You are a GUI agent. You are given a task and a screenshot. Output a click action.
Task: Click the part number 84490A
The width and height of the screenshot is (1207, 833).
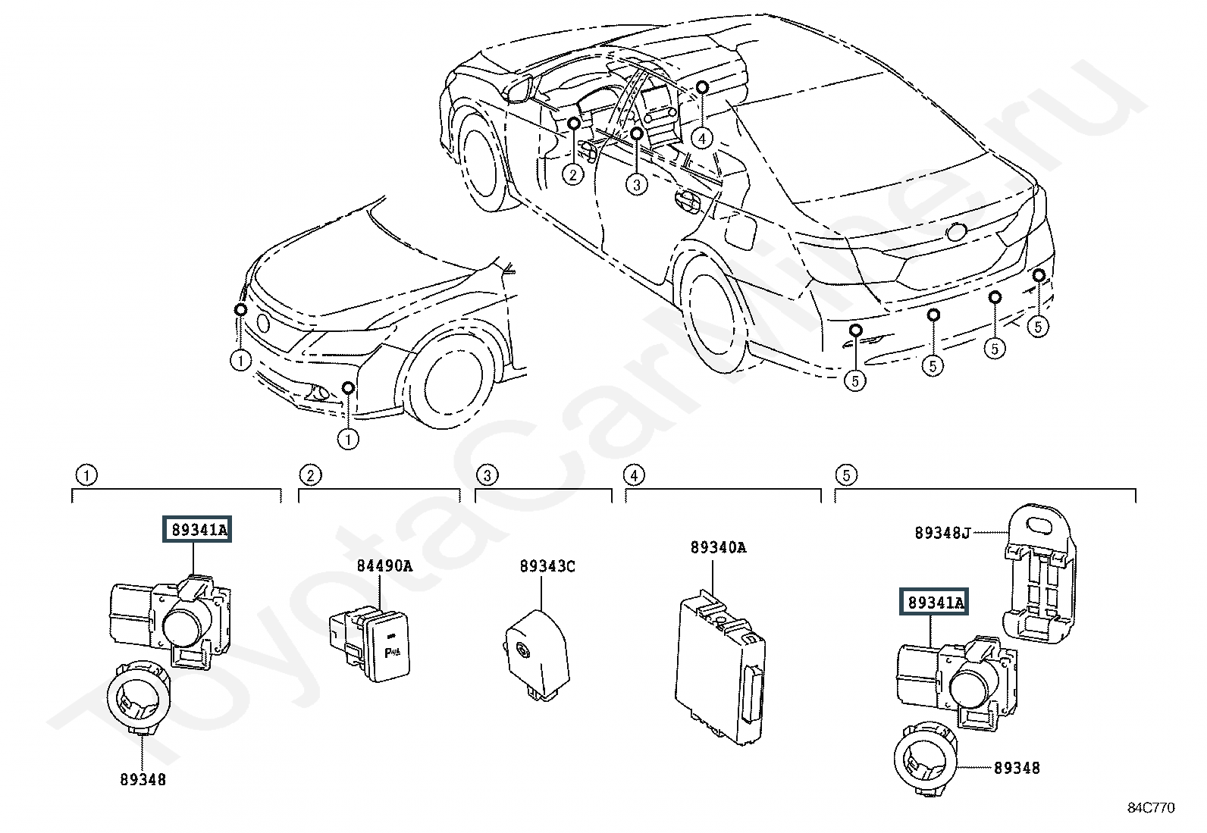click(384, 565)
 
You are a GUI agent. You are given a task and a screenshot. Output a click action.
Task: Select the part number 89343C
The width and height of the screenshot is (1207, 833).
click(547, 566)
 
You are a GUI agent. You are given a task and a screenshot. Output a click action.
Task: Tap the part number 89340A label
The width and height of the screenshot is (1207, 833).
click(718, 547)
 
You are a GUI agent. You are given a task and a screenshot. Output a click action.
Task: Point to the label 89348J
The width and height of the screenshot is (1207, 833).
click(942, 533)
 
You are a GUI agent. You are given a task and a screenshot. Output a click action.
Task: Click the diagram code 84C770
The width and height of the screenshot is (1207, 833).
click(1151, 808)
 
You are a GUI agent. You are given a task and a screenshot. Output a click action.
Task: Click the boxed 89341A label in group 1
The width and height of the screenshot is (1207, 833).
click(197, 529)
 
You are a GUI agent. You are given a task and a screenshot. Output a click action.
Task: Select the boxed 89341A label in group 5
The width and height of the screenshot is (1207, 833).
click(934, 601)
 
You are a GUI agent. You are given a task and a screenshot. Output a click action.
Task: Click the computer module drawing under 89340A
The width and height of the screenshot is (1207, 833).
click(720, 667)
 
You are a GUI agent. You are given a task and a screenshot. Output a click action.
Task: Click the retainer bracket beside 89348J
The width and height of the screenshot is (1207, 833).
click(1039, 574)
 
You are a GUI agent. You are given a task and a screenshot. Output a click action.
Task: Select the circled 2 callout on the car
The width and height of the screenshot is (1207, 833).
click(572, 174)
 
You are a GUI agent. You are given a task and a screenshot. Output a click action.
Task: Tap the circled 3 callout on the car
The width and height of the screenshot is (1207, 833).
click(636, 185)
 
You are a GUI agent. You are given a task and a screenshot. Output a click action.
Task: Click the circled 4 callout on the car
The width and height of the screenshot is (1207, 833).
click(701, 139)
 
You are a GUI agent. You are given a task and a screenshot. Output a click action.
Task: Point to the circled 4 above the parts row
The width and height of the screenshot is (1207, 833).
click(634, 475)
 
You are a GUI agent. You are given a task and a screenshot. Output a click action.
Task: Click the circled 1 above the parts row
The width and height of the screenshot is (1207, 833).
click(86, 475)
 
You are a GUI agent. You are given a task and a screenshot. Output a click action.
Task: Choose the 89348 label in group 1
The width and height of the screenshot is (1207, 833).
click(143, 779)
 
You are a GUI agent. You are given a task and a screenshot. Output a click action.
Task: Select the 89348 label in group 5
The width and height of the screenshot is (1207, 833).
click(1016, 768)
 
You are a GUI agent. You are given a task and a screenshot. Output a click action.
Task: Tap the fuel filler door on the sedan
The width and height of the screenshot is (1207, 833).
click(741, 232)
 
